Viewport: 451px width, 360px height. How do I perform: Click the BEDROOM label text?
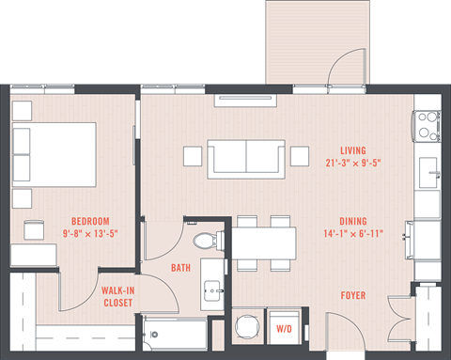tap(90, 220)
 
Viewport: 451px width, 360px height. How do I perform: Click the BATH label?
tap(180, 268)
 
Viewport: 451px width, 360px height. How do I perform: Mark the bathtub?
tap(175, 334)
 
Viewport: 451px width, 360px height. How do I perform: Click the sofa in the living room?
tap(245, 156)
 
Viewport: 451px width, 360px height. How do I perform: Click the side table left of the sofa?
tap(192, 155)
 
